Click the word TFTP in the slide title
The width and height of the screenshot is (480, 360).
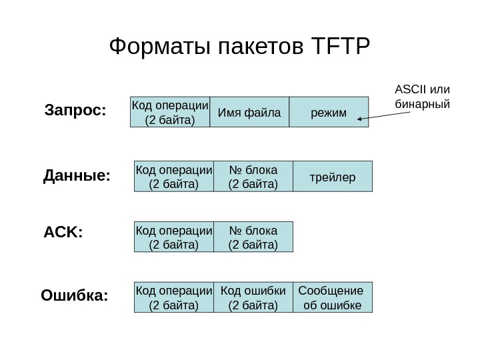click(339, 47)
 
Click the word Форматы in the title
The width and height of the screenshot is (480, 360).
click(153, 47)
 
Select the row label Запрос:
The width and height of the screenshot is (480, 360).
click(75, 109)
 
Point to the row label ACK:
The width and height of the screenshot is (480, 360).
click(63, 234)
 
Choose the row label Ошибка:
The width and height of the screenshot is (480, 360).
click(75, 295)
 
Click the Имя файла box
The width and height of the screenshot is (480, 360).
click(249, 111)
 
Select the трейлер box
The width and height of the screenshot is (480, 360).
click(333, 176)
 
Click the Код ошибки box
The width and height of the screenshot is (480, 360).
click(253, 297)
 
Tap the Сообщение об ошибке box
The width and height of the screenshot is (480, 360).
click(332, 297)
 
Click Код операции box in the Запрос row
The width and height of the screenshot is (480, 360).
click(170, 111)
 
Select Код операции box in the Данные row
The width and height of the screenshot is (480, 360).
click(174, 176)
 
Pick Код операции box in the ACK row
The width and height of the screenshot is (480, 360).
click(174, 237)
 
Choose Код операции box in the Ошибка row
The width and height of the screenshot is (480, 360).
click(174, 297)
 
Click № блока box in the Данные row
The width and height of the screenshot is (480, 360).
click(253, 176)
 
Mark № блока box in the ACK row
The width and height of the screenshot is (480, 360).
click(253, 237)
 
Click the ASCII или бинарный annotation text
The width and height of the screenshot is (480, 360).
click(423, 97)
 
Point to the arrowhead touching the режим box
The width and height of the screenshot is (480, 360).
click(361, 120)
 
